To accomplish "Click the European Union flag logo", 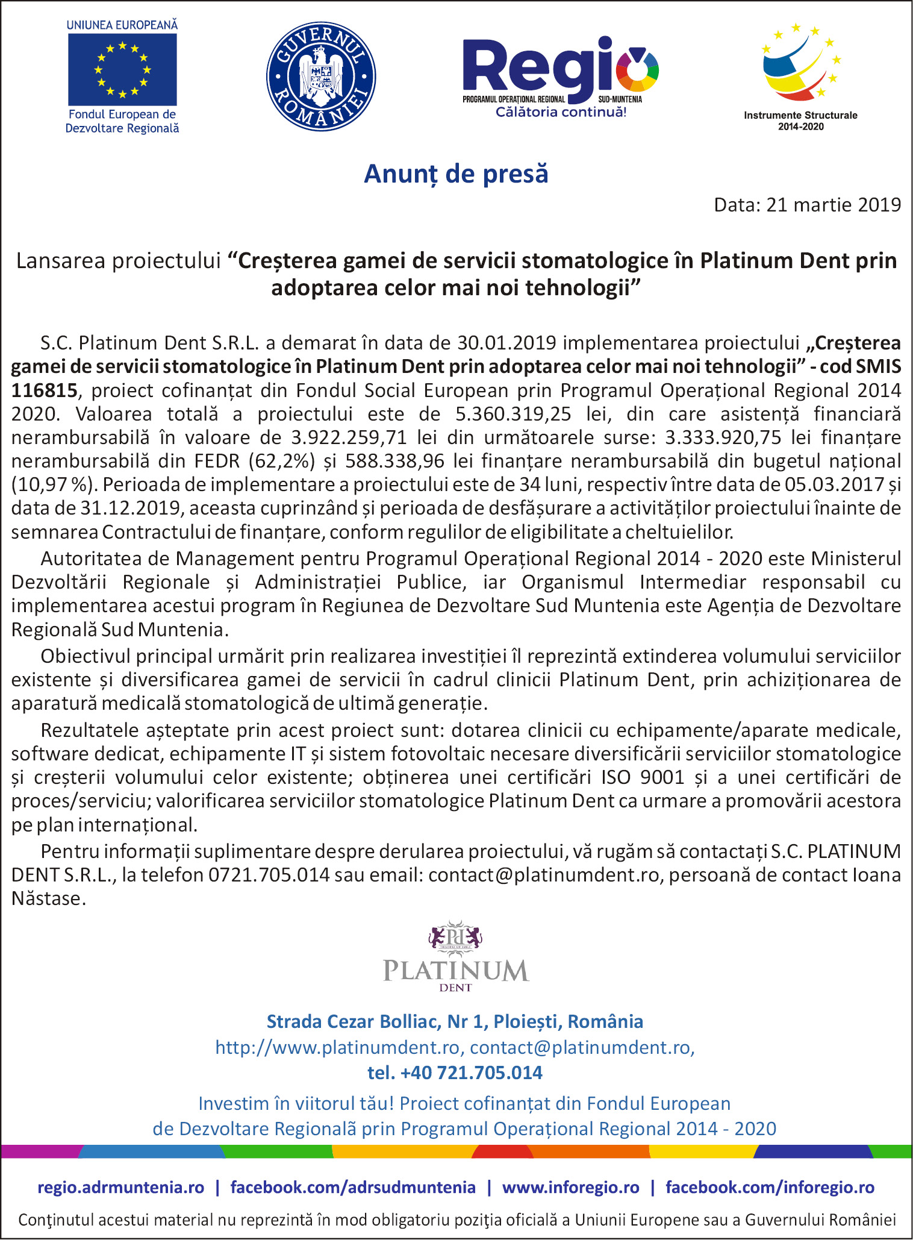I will [x=122, y=69].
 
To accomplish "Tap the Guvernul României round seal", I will [x=321, y=77].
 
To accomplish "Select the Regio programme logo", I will [x=560, y=75].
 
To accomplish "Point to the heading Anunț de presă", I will [x=456, y=174].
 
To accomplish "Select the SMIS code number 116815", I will [x=45, y=390].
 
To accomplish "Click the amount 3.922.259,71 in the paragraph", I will [x=349, y=437].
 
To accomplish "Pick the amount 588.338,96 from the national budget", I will [x=395, y=461].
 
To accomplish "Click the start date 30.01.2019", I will [x=506, y=343].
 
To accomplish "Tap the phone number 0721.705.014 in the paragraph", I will [x=269, y=874].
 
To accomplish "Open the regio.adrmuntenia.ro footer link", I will [x=120, y=1187].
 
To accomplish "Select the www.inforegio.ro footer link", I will [x=570, y=1187].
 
